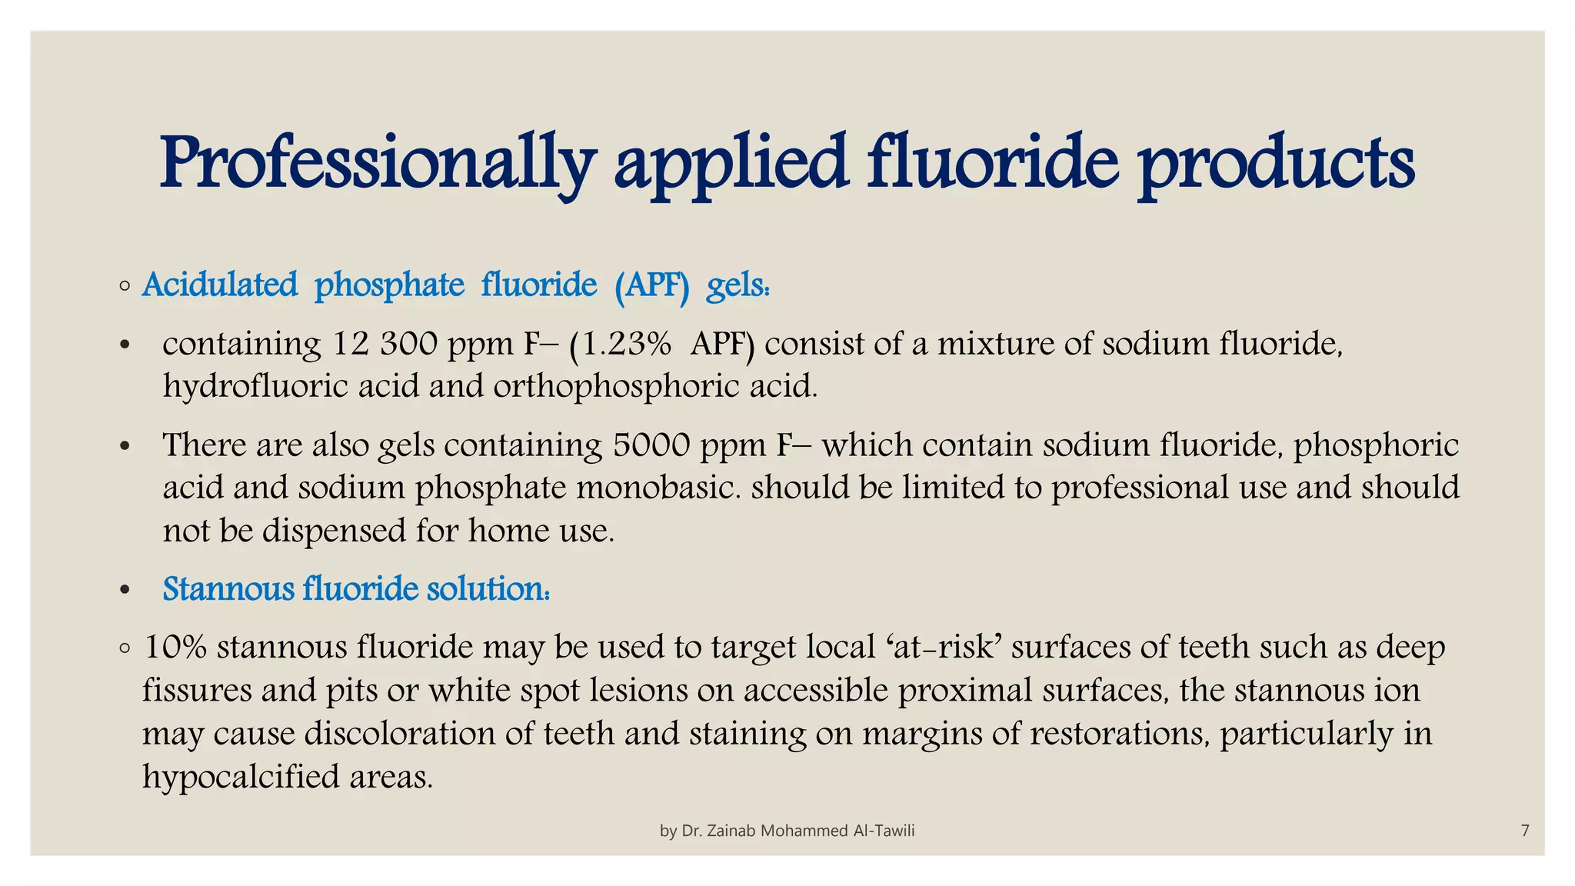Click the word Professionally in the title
pyautogui.click(x=378, y=163)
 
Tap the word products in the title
pyautogui.click(x=1276, y=163)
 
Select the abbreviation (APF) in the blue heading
pyautogui.click(x=651, y=285)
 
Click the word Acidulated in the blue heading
pyautogui.click(x=220, y=285)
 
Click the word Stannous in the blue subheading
pyautogui.click(x=228, y=589)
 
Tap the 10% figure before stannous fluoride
pyautogui.click(x=175, y=648)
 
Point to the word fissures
pyautogui.click(x=196, y=690)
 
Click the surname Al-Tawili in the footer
pyautogui.click(x=884, y=831)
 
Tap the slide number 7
pyautogui.click(x=1525, y=831)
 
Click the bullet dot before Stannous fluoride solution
pyautogui.click(x=125, y=591)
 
